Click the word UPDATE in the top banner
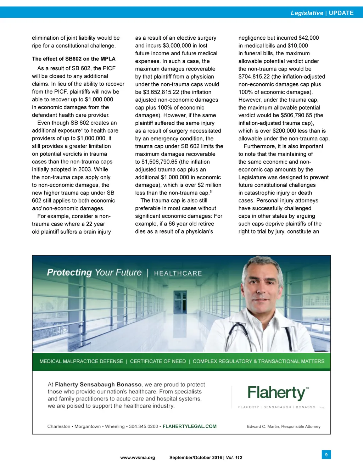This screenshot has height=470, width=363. (x=341, y=13)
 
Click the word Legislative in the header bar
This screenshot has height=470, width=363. (x=307, y=13)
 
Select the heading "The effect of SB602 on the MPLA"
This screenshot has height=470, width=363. (x=74, y=59)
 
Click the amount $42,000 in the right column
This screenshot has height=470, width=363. (x=308, y=38)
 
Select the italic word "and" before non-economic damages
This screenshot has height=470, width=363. (x=37, y=208)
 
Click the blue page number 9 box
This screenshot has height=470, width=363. (x=326, y=454)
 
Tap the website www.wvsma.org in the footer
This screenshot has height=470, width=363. (x=138, y=458)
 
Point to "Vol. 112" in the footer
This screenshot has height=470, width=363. (x=234, y=458)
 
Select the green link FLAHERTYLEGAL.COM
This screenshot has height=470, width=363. (x=189, y=426)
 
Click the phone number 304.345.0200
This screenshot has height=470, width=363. (x=143, y=426)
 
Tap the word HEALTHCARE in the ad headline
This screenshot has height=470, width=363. (x=178, y=273)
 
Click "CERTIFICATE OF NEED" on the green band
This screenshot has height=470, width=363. (x=158, y=361)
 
